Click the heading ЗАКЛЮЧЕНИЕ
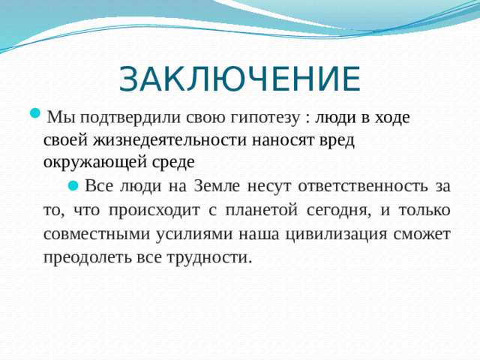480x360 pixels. [240, 79]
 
